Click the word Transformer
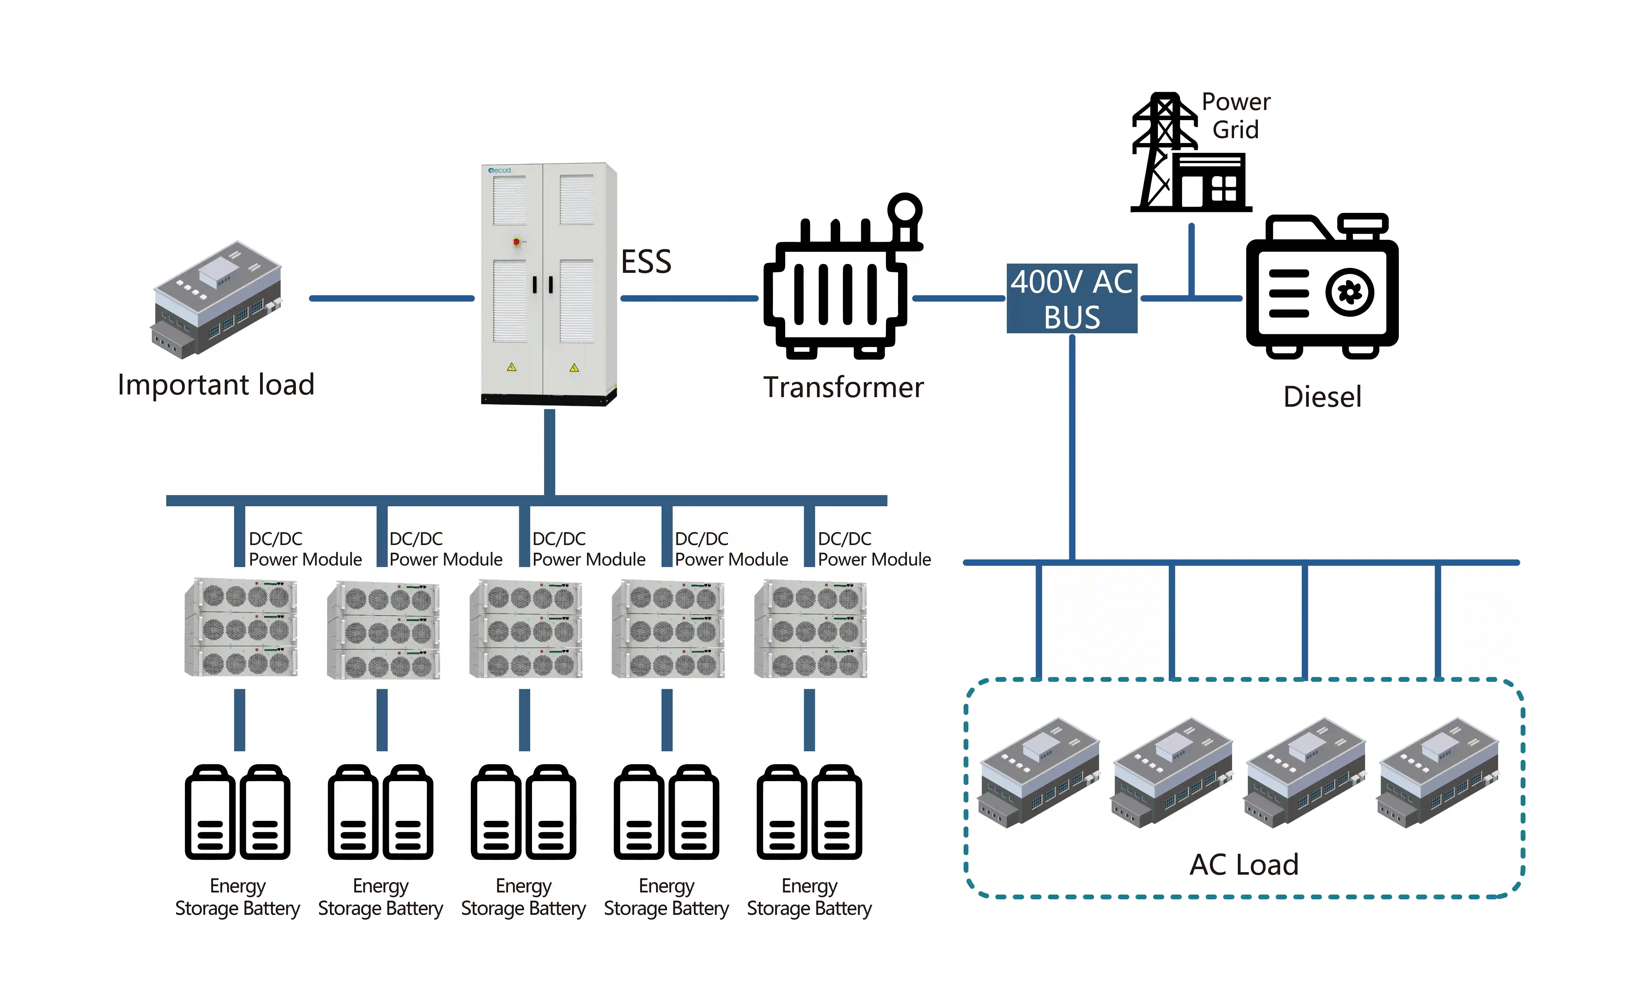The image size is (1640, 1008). tap(843, 387)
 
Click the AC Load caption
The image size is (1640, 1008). tap(1244, 865)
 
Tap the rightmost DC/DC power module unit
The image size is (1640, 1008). tap(810, 629)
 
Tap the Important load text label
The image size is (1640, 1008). tap(216, 385)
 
